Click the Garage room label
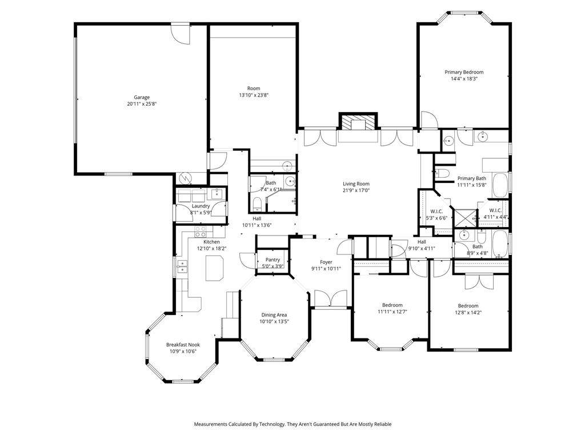(x=142, y=97)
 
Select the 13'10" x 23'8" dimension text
(x=254, y=95)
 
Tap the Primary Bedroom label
(x=464, y=72)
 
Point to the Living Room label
(x=356, y=183)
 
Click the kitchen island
(x=215, y=268)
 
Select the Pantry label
(x=273, y=260)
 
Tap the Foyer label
(x=326, y=262)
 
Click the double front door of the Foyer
(x=331, y=298)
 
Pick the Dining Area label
(x=274, y=315)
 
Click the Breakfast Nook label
(x=183, y=345)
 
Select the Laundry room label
(x=201, y=206)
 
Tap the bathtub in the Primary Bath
(x=500, y=185)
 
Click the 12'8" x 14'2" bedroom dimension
(x=468, y=313)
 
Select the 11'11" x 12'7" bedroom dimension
(x=392, y=312)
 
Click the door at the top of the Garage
(x=181, y=34)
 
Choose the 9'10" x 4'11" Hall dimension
(x=422, y=248)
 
